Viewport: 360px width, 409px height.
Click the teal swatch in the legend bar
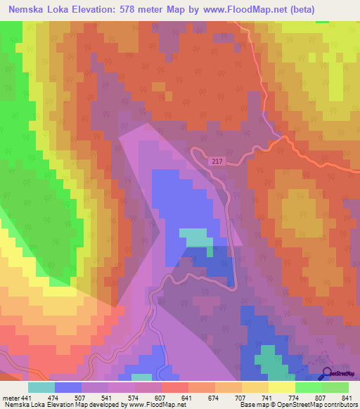click(41, 388)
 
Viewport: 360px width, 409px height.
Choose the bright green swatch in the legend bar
click(309, 388)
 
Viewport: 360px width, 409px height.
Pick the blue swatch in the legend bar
click(68, 388)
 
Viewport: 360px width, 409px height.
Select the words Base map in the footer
click(252, 404)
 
